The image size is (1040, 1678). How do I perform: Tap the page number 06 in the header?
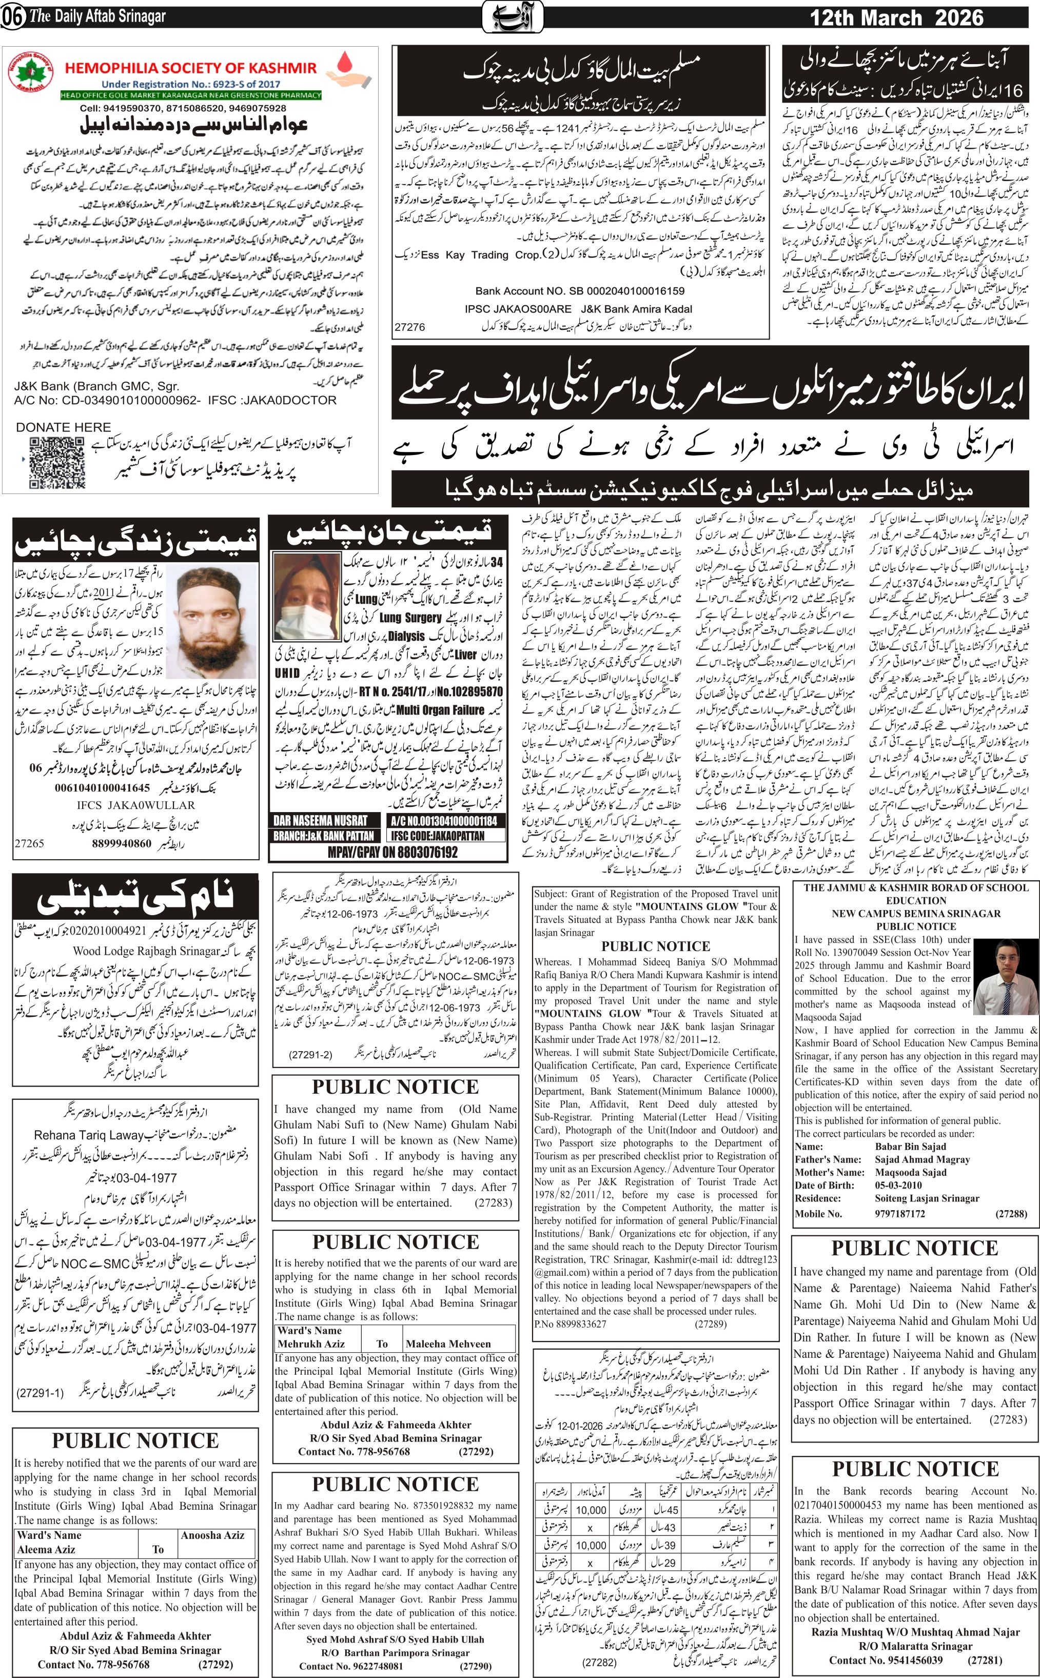pos(13,17)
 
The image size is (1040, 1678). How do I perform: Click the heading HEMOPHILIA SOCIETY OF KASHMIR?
pos(190,68)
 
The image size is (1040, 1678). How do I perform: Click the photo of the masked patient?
pos(306,596)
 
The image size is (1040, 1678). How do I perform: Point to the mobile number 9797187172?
pos(900,1213)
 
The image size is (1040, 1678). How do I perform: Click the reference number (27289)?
pos(711,1323)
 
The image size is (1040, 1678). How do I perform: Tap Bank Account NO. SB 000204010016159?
pos(579,291)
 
